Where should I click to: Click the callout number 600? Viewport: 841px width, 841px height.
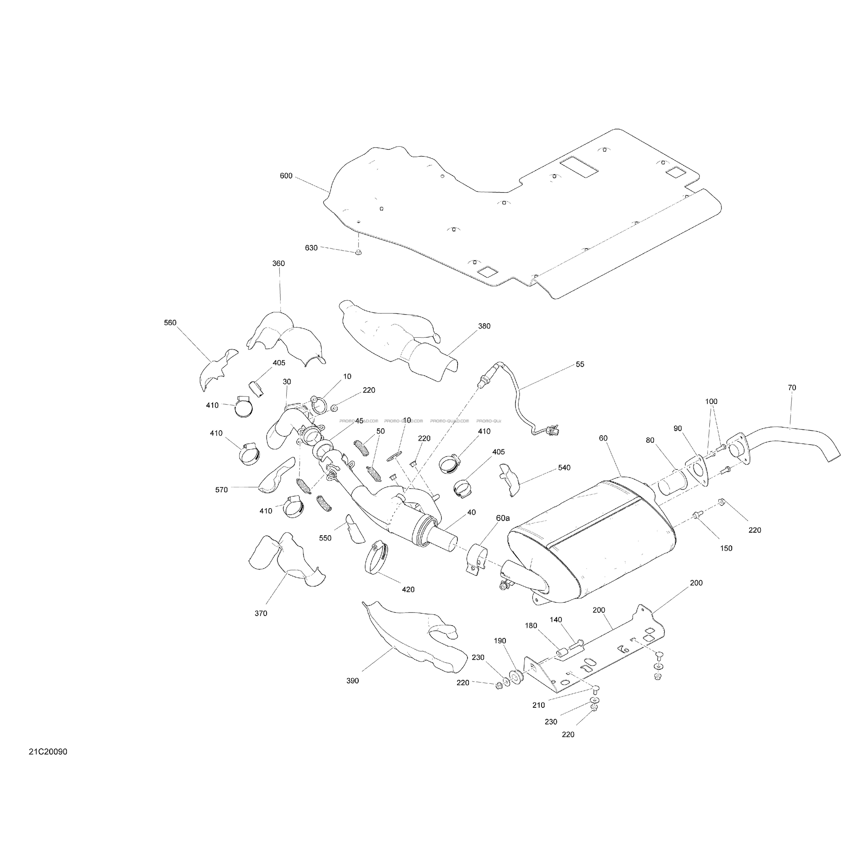point(286,176)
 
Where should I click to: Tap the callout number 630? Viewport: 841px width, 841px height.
point(311,248)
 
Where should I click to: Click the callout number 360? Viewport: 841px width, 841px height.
point(279,263)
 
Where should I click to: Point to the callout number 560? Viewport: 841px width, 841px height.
point(170,323)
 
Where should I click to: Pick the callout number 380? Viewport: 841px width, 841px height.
point(484,326)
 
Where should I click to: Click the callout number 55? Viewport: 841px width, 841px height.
point(580,364)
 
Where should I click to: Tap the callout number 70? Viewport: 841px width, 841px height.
point(792,388)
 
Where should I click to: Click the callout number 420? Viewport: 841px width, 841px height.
point(408,589)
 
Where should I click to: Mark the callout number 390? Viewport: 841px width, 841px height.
point(353,680)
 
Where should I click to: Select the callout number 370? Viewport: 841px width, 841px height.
point(261,613)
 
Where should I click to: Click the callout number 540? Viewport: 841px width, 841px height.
point(564,468)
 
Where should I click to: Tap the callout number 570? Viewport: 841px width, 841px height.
point(221,490)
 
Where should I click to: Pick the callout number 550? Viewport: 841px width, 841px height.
point(325,538)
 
